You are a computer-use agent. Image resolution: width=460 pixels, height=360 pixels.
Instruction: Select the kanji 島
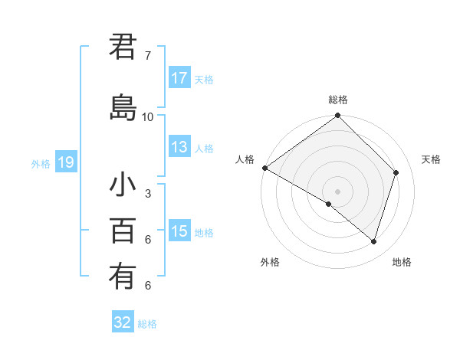point(123,108)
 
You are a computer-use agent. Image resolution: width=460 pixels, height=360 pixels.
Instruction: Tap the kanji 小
point(123,186)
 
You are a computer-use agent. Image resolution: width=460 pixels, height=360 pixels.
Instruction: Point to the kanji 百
point(123,231)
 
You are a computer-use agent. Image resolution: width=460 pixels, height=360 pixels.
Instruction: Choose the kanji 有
point(123,276)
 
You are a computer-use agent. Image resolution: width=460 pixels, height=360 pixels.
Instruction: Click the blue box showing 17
point(179,78)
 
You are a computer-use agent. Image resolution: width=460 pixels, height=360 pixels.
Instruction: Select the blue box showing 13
point(179,147)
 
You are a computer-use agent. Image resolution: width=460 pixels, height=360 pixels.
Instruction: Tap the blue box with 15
point(179,231)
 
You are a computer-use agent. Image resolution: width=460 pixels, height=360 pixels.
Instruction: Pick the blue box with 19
point(65,162)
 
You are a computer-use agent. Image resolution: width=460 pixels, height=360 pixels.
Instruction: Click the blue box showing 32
point(123,322)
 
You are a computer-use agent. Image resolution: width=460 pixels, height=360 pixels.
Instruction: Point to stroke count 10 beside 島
point(148,116)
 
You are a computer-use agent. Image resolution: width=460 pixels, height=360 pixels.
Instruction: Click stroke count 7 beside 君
point(148,56)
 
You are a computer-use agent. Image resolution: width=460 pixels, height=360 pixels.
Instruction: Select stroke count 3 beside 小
point(148,194)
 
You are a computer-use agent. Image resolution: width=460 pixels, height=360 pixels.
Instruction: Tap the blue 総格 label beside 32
point(147,324)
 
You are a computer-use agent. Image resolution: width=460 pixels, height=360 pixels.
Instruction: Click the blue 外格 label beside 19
point(41,163)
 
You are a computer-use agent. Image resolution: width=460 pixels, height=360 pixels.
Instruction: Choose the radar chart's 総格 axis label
point(338,100)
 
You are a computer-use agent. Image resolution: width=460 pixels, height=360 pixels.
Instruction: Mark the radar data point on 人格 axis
point(264,168)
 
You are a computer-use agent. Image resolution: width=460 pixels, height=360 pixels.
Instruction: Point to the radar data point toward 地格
point(374,241)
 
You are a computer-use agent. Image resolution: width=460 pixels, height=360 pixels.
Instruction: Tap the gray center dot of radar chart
point(337,191)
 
